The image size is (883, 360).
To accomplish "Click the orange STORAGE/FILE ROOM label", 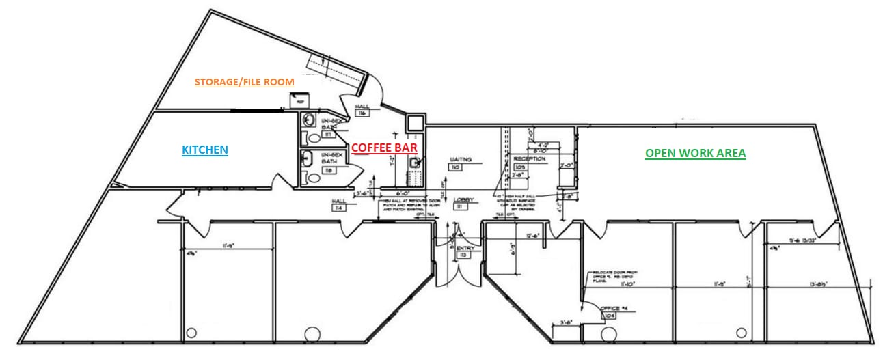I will pyautogui.click(x=244, y=82).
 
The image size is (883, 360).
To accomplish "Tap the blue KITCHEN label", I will pyautogui.click(x=204, y=150).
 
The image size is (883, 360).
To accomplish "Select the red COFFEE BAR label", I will pyautogui.click(x=384, y=147).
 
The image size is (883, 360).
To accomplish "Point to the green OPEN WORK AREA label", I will pyautogui.click(x=695, y=154).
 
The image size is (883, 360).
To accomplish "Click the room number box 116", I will pyautogui.click(x=362, y=113).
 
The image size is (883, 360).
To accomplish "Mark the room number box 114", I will pyautogui.click(x=337, y=207).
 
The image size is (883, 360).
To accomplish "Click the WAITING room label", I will pyautogui.click(x=457, y=159).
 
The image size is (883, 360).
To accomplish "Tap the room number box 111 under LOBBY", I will pyautogui.click(x=460, y=207).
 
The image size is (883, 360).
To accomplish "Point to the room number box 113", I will pyautogui.click(x=463, y=255).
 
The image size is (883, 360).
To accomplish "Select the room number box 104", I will pyautogui.click(x=609, y=317).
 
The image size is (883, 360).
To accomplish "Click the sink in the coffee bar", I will pyautogui.click(x=415, y=163).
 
